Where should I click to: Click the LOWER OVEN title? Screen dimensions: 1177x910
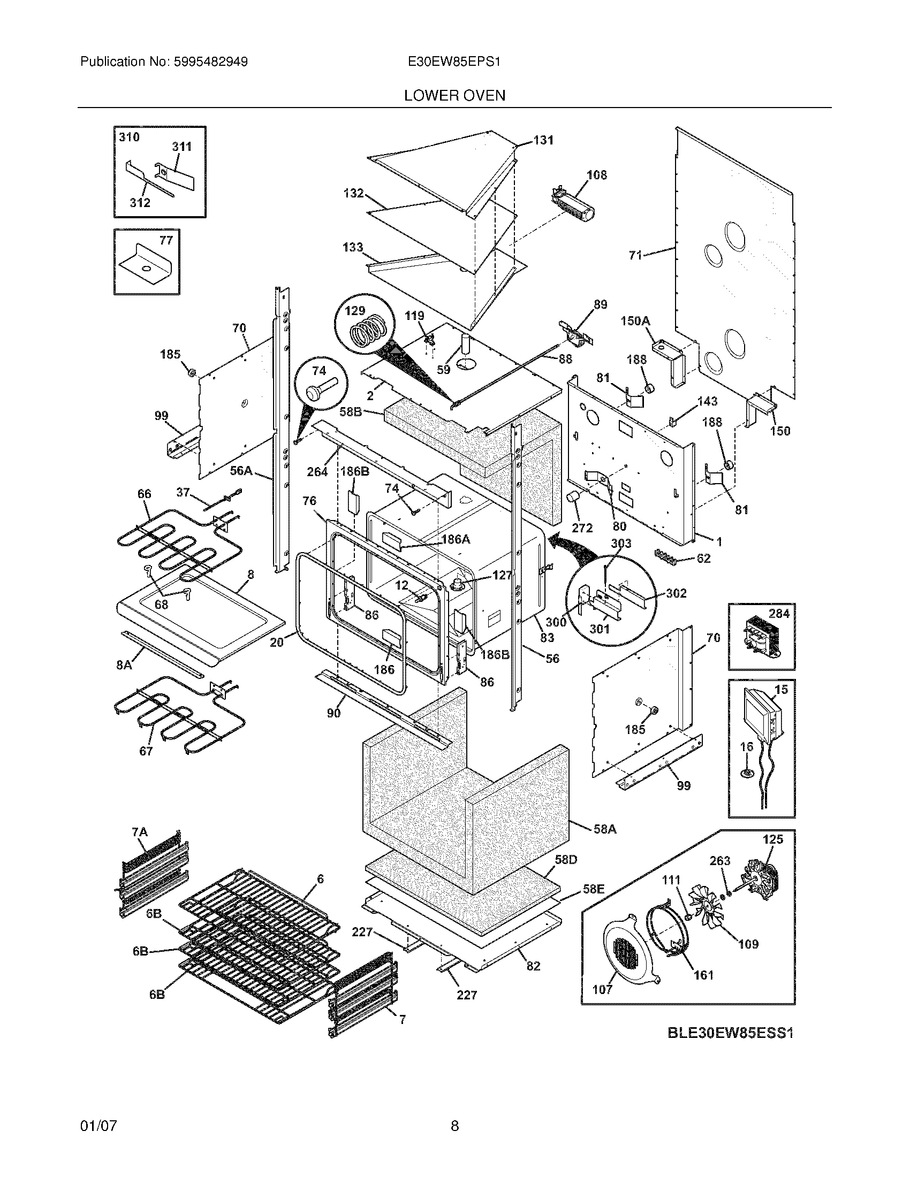[x=454, y=96]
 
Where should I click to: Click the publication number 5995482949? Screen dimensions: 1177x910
[x=210, y=62]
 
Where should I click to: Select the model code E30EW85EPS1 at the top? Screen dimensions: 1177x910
[x=454, y=62]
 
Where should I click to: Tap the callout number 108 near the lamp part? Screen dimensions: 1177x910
[x=596, y=175]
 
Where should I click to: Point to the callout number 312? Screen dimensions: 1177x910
[x=140, y=203]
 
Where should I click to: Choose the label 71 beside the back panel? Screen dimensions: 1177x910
[x=636, y=255]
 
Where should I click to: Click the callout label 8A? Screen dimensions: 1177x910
[x=124, y=665]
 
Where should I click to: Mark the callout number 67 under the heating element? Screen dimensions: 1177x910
[x=146, y=751]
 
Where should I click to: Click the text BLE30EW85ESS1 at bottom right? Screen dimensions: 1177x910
[x=731, y=1034]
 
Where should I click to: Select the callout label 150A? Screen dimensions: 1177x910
[x=635, y=321]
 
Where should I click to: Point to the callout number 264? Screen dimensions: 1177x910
[x=317, y=471]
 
